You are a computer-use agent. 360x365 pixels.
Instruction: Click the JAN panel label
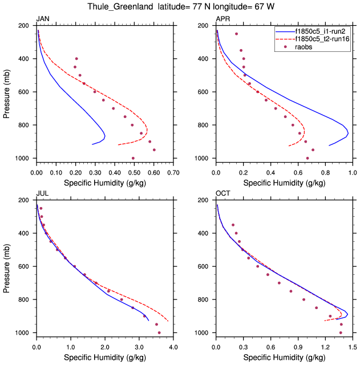pos(42,19)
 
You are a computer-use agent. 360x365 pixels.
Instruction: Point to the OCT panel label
pos(223,194)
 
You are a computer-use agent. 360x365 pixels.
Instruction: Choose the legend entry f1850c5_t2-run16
pos(322,39)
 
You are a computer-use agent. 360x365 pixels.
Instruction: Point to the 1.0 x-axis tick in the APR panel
pos(352,171)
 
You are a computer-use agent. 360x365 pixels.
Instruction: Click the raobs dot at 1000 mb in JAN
pos(133,158)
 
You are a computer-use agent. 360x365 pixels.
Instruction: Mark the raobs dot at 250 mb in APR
pos(236,34)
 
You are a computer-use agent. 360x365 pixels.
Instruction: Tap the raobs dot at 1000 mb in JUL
pos(159,332)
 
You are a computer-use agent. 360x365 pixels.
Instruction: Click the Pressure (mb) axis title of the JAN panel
pos(7,92)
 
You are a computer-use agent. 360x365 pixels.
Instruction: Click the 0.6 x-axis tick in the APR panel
pos(297,171)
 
